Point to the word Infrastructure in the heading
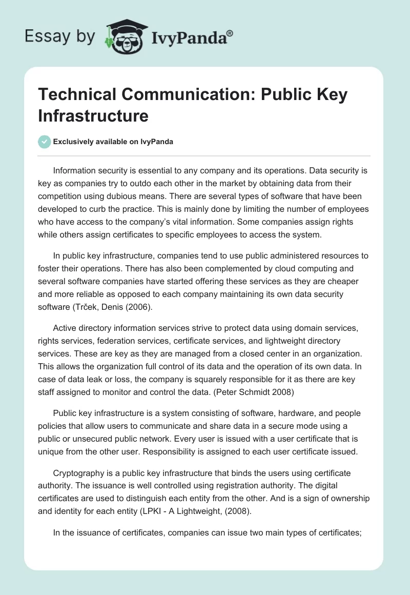[93, 116]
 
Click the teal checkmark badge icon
[45, 142]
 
